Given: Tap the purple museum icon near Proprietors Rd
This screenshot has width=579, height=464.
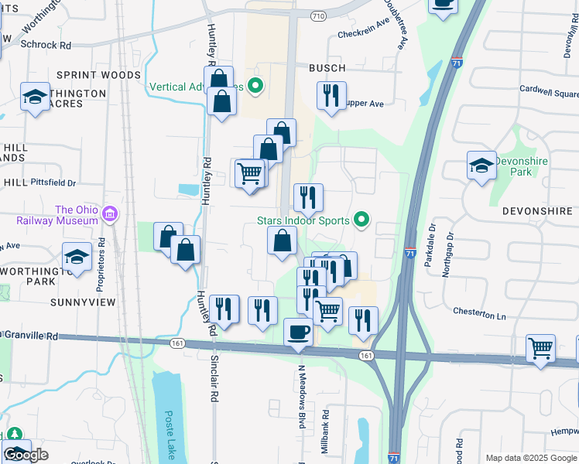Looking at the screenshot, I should (x=110, y=213).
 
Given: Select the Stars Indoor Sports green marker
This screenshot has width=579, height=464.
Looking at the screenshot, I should (x=361, y=221).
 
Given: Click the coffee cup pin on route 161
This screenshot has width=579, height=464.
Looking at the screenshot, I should (x=299, y=333).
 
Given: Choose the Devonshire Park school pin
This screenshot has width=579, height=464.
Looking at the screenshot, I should (x=481, y=166).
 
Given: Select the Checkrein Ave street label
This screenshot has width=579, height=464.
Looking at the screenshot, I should (x=362, y=32).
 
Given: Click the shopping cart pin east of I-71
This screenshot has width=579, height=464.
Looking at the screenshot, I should (x=540, y=348).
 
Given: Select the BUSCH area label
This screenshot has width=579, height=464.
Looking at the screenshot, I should (x=327, y=68).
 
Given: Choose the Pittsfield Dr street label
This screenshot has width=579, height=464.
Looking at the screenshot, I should (x=53, y=183).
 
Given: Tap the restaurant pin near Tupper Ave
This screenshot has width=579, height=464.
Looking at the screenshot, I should (x=331, y=97).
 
